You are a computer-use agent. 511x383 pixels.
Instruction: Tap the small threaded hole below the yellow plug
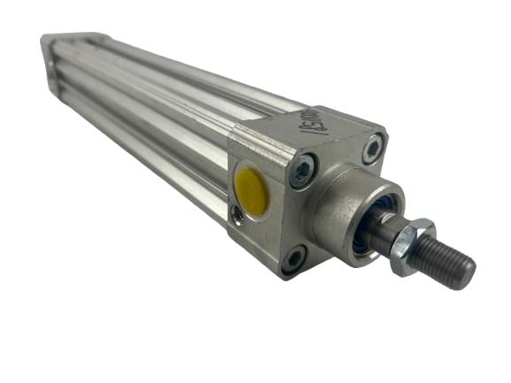point(237,213)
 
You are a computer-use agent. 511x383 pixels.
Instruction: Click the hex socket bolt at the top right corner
point(374,149)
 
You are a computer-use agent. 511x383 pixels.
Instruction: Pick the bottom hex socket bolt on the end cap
point(292,259)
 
